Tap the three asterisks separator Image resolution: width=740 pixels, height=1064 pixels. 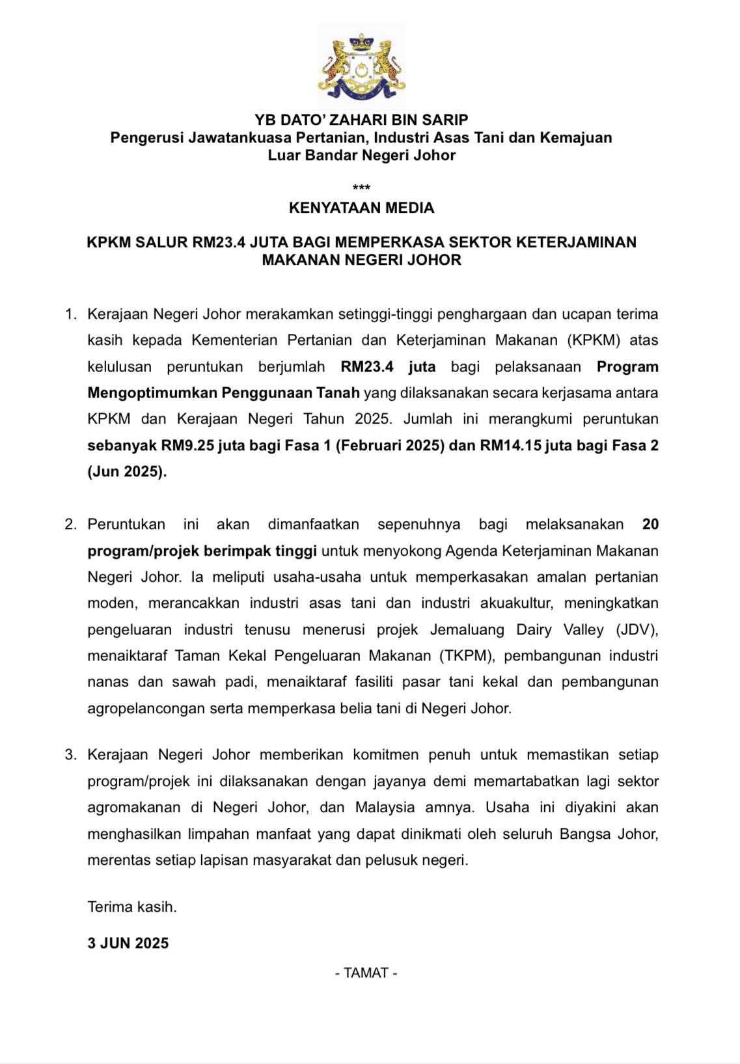point(361,188)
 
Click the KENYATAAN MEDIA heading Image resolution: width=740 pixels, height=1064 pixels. point(361,208)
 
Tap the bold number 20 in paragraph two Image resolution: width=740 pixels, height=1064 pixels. point(650,525)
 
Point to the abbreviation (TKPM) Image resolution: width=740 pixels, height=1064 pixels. point(467,655)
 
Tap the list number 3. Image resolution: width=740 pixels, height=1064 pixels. point(70,755)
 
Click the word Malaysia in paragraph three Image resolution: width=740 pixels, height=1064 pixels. point(385,808)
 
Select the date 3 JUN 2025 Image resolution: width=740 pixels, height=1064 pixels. point(128,944)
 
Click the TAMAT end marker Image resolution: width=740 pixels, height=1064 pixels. point(366,973)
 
